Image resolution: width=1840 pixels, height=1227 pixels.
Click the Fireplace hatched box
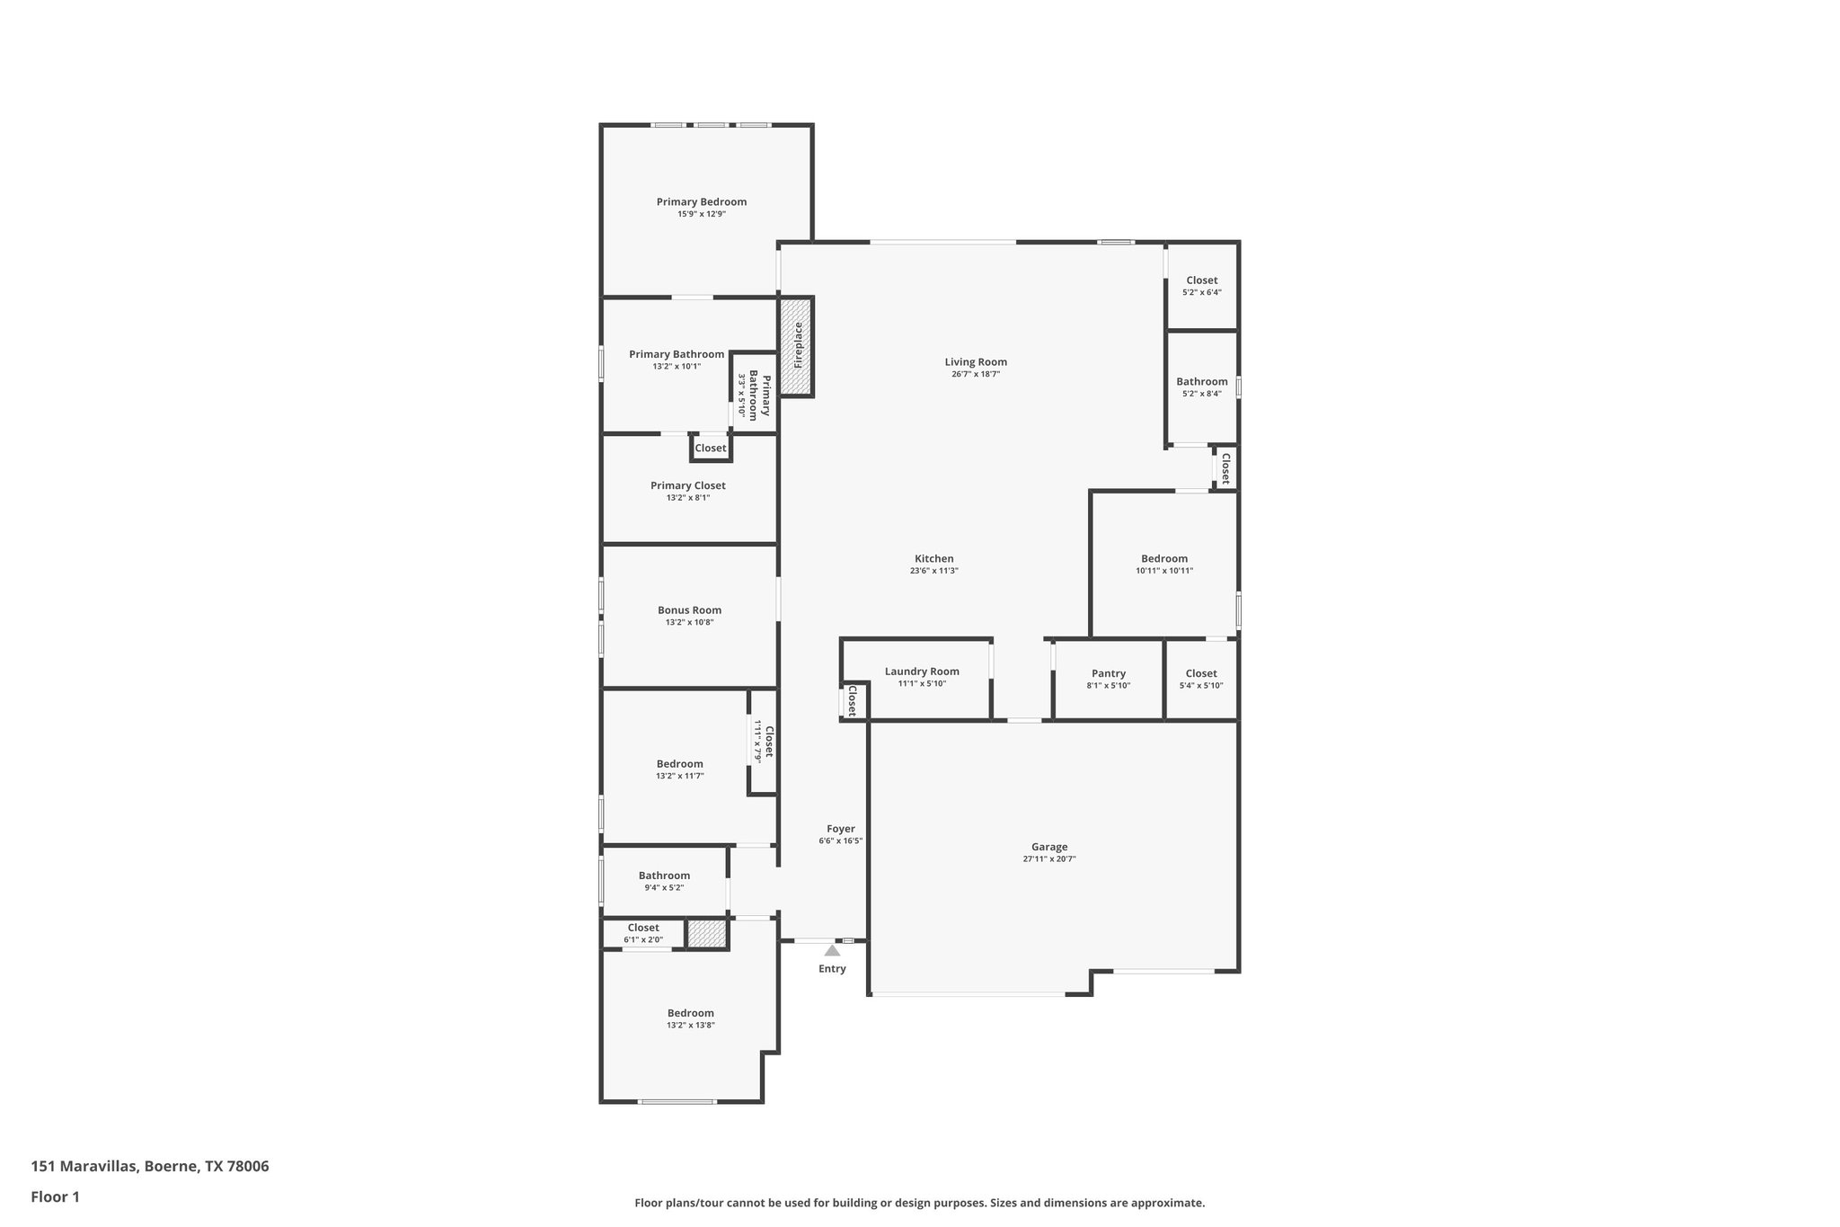(796, 346)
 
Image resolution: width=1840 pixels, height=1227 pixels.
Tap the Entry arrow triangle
(832, 950)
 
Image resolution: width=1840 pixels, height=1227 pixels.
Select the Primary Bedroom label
(701, 202)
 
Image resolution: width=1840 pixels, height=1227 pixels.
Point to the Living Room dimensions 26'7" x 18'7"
(975, 374)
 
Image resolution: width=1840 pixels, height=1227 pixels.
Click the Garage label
(1048, 847)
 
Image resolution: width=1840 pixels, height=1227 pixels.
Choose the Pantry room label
(1108, 673)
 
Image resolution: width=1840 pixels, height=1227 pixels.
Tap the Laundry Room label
(921, 671)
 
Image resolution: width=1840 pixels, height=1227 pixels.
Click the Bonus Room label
(689, 610)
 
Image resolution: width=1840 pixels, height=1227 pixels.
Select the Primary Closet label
(687, 485)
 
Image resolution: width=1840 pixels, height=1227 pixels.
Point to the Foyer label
(840, 829)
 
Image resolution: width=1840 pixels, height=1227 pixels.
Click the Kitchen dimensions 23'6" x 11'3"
(933, 571)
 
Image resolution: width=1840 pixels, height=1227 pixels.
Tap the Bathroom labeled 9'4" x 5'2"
(664, 876)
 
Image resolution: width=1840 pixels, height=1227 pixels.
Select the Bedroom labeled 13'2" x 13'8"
(690, 1013)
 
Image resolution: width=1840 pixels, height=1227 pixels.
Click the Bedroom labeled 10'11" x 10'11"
(1163, 559)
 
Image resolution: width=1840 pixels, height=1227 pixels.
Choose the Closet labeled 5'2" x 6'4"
(1201, 280)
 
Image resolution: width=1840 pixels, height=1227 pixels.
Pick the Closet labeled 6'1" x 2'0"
(642, 928)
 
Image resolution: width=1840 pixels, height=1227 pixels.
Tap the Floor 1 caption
(55, 1196)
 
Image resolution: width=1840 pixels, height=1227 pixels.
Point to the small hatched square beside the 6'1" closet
(706, 933)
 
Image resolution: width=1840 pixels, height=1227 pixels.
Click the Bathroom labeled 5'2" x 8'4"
(1201, 382)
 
